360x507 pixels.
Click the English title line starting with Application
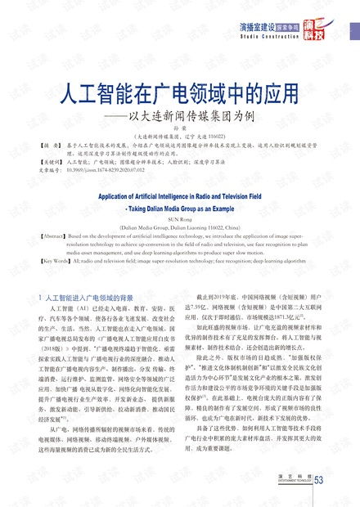(x=179, y=196)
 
